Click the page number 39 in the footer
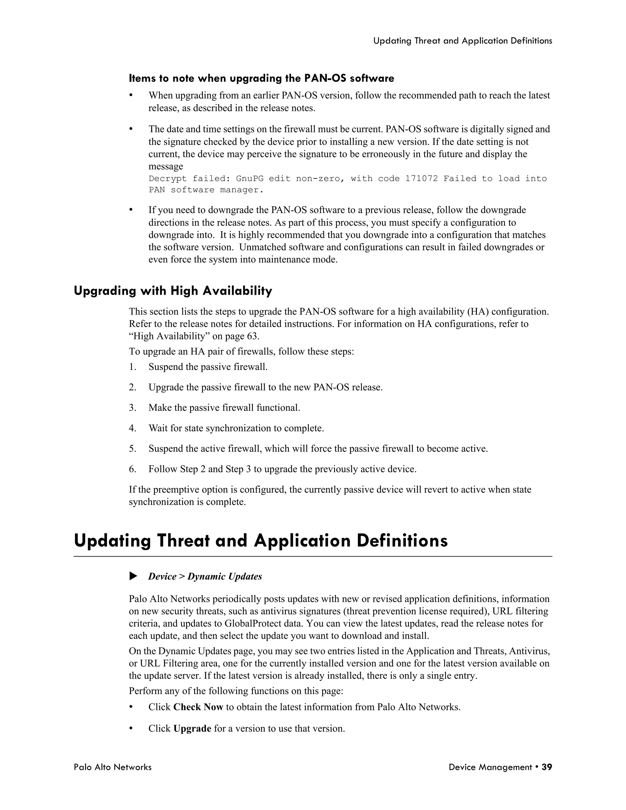click(x=547, y=767)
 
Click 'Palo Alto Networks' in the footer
click(x=112, y=767)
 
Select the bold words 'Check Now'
click(x=198, y=707)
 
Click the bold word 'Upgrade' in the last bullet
click(x=192, y=728)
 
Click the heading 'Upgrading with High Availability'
click(x=173, y=291)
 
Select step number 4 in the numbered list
click(x=132, y=428)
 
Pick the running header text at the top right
click(x=462, y=41)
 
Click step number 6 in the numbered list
click(x=132, y=469)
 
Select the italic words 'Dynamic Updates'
click(x=224, y=576)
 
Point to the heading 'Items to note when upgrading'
click(x=261, y=78)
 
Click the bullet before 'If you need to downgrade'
click(x=131, y=210)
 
